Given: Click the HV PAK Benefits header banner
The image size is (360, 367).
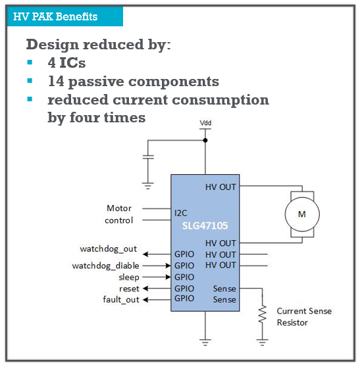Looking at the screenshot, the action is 65,16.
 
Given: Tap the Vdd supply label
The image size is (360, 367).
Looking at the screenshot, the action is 205,123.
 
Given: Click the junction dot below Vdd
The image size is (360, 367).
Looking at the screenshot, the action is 205,141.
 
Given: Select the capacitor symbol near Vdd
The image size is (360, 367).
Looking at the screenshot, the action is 148,157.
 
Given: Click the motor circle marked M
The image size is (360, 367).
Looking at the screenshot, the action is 302,214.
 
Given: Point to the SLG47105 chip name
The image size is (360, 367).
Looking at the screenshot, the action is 205,226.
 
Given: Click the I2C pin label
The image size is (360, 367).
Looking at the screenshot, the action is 181,213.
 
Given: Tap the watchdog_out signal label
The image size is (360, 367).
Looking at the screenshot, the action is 108,249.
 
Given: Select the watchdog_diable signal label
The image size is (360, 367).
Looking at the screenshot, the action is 106,266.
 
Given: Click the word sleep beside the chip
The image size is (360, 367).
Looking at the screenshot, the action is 129,278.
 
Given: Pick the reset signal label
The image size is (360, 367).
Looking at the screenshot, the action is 129,289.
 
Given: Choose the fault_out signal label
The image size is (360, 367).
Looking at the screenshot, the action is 121,300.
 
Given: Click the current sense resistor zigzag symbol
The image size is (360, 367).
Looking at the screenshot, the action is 263,314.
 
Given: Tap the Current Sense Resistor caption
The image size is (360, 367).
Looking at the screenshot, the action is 304,316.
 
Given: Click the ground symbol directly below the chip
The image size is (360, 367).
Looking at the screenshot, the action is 205,343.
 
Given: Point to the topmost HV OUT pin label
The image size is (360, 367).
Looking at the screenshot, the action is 220,187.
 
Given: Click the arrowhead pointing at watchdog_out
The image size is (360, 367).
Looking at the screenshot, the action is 145,254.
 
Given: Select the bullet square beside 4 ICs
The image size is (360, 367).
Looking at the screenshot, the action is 30,62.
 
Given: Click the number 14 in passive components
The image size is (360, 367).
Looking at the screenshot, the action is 56,81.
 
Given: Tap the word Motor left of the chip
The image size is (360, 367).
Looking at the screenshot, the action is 119,208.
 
